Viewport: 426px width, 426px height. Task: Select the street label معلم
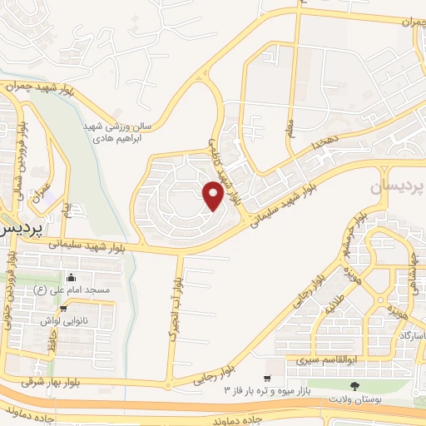click(289, 130)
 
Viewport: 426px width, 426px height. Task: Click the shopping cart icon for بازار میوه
click(266, 377)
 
